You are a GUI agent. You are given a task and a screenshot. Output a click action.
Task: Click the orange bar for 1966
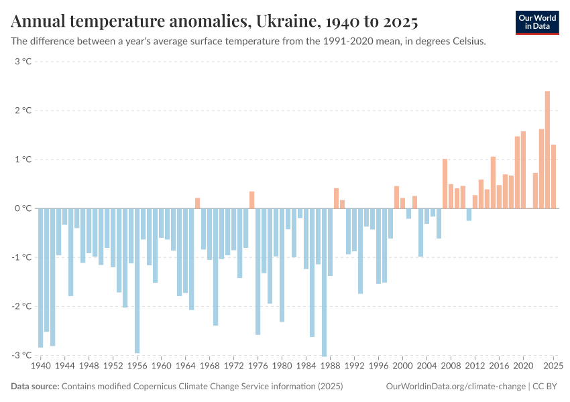[197, 203]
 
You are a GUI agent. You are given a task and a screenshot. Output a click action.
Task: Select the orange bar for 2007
[445, 184]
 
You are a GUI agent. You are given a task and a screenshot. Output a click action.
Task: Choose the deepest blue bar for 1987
[324, 282]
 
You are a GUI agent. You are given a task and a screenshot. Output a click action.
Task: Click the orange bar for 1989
[336, 198]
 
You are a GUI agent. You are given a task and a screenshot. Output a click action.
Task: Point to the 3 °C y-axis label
[23, 62]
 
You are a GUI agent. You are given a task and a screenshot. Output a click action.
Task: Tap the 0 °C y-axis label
[23, 208]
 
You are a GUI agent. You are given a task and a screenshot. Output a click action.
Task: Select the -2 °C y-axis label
[21, 306]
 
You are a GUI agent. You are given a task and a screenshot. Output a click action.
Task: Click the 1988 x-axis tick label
[330, 366]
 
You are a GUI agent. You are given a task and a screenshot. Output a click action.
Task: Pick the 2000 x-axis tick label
[402, 366]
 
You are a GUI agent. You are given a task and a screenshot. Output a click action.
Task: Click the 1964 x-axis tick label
[185, 366]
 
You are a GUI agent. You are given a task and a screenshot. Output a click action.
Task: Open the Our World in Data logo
[536, 21]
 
